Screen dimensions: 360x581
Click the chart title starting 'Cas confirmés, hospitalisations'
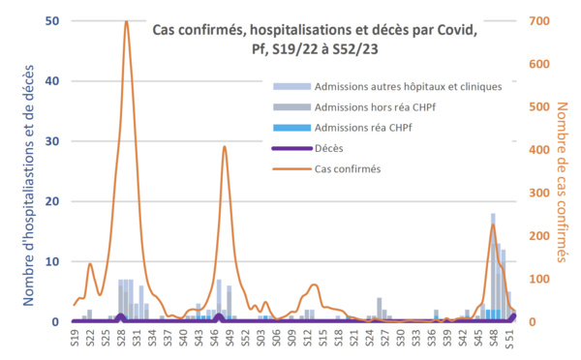(315, 39)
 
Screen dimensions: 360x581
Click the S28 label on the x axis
(121, 339)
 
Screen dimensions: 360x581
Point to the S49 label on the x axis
(229, 339)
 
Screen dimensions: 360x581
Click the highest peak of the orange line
(127, 21)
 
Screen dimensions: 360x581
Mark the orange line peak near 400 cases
(225, 147)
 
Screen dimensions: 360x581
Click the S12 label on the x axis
(306, 339)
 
